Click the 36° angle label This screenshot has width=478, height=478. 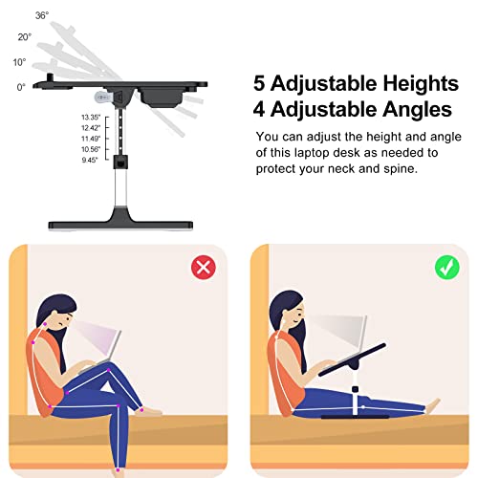(42, 15)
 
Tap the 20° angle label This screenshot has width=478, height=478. (25, 37)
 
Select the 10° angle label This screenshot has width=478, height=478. (19, 62)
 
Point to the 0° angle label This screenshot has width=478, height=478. (21, 87)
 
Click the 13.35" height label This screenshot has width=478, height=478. (91, 118)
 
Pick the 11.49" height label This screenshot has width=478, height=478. (91, 139)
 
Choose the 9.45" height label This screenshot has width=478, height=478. (90, 160)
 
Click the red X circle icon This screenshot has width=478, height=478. (204, 268)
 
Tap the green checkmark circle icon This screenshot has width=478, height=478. (447, 268)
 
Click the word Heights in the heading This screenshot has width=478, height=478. (421, 83)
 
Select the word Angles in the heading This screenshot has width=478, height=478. (417, 109)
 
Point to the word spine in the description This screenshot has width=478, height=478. (401, 168)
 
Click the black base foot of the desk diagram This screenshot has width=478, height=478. (120, 220)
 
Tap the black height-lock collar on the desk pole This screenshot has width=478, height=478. (120, 163)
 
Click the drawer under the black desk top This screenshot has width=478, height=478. (161, 97)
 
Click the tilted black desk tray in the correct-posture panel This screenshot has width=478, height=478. (352, 359)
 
